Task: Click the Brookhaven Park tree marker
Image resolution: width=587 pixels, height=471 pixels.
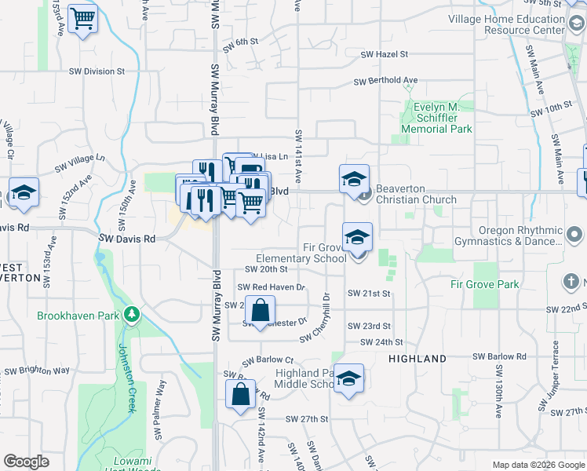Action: coord(133,316)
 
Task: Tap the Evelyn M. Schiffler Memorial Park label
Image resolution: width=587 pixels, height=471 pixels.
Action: coord(436,118)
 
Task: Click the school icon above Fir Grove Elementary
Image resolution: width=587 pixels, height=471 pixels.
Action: coord(357,236)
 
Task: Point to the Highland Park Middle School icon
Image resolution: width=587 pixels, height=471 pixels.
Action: coord(348,378)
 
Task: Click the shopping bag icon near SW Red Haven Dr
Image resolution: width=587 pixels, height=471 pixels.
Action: coord(260,310)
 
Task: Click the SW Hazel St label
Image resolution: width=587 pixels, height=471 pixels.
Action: coord(385,54)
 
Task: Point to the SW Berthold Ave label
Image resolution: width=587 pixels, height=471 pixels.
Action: coord(385,80)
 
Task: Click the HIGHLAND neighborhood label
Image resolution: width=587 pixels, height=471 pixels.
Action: coord(417,359)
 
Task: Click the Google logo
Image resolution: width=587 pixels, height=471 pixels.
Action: coord(26,462)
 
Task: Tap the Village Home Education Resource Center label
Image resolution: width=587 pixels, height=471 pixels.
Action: coord(506,24)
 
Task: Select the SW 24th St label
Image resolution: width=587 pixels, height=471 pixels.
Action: coord(381,342)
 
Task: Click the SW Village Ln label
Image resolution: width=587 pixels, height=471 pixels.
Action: coord(79,163)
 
